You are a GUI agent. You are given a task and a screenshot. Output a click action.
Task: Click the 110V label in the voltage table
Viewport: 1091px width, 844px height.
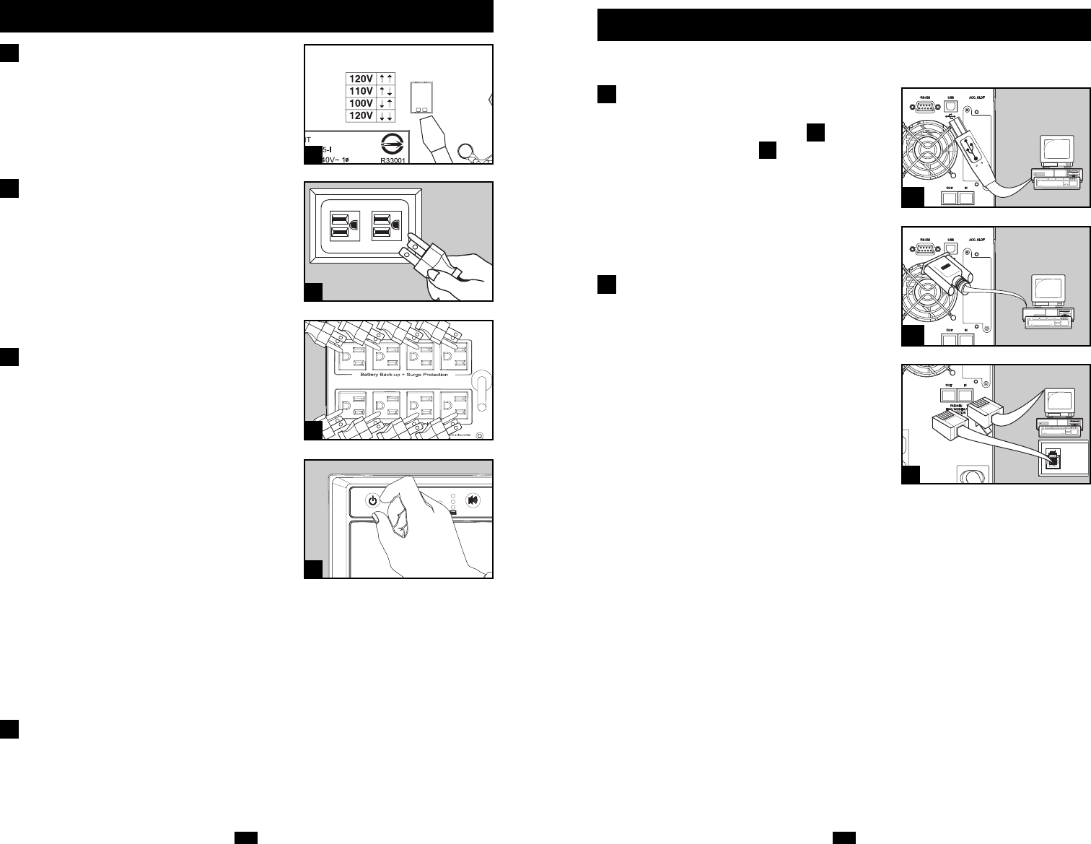[361, 92]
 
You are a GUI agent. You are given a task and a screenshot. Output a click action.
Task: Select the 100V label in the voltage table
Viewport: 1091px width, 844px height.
[361, 104]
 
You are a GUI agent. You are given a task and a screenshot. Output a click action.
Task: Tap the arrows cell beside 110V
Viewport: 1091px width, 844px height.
[386, 92]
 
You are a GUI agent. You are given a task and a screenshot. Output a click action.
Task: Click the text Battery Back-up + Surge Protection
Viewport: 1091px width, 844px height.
[398, 375]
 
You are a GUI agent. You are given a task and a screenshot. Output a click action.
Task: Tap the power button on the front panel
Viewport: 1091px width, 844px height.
[372, 500]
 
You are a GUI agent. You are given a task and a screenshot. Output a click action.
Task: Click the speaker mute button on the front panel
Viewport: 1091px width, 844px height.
[473, 500]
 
